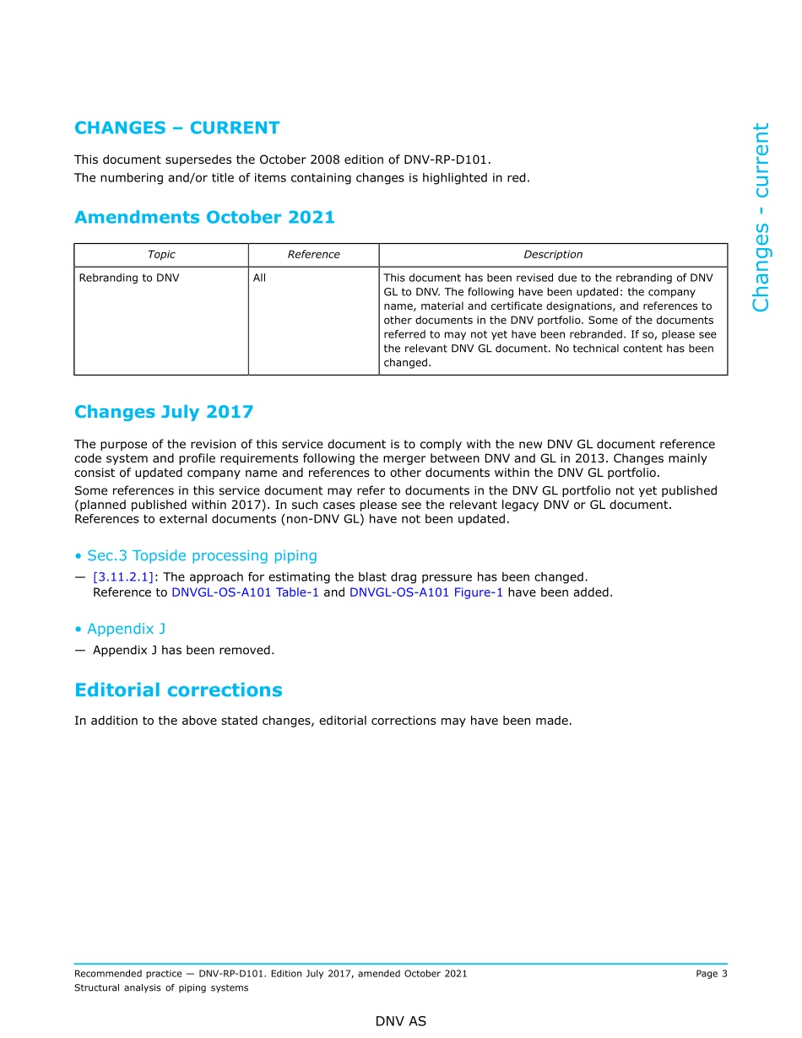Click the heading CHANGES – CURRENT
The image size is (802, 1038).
[176, 128]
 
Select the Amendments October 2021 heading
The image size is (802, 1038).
[204, 218]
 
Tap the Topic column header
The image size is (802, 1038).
[161, 255]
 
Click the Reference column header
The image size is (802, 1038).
[313, 255]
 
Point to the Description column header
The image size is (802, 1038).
[553, 255]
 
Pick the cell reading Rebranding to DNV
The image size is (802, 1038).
[129, 278]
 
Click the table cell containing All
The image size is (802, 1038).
[259, 278]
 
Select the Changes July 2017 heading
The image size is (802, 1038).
[164, 412]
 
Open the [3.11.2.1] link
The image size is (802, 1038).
[123, 577]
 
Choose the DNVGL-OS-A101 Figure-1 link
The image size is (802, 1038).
[426, 592]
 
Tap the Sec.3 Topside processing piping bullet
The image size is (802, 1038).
[196, 555]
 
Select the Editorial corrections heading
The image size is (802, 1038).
[178, 690]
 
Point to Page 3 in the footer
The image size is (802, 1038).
[711, 974]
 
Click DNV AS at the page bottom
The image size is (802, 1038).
[401, 1021]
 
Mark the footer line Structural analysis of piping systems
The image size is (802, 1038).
[161, 988]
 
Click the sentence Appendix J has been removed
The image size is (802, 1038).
[183, 651]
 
